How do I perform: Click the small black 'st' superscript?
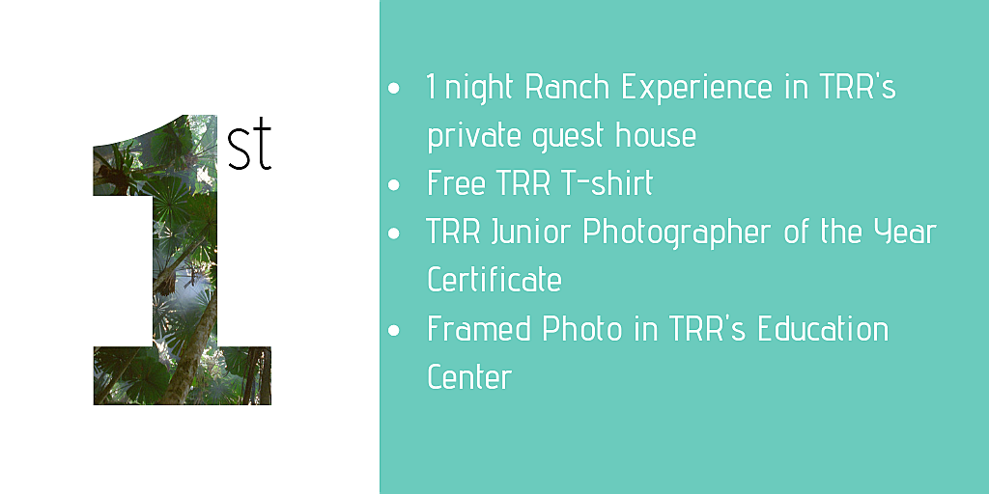click(249, 148)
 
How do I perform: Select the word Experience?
click(696, 88)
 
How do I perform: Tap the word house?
click(656, 135)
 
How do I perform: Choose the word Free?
click(456, 183)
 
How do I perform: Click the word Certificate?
click(494, 280)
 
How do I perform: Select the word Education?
click(823, 328)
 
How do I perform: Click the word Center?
click(469, 377)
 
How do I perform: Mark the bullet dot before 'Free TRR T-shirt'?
click(394, 185)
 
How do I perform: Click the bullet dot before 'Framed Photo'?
click(394, 330)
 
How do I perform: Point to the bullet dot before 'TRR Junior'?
click(394, 233)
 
